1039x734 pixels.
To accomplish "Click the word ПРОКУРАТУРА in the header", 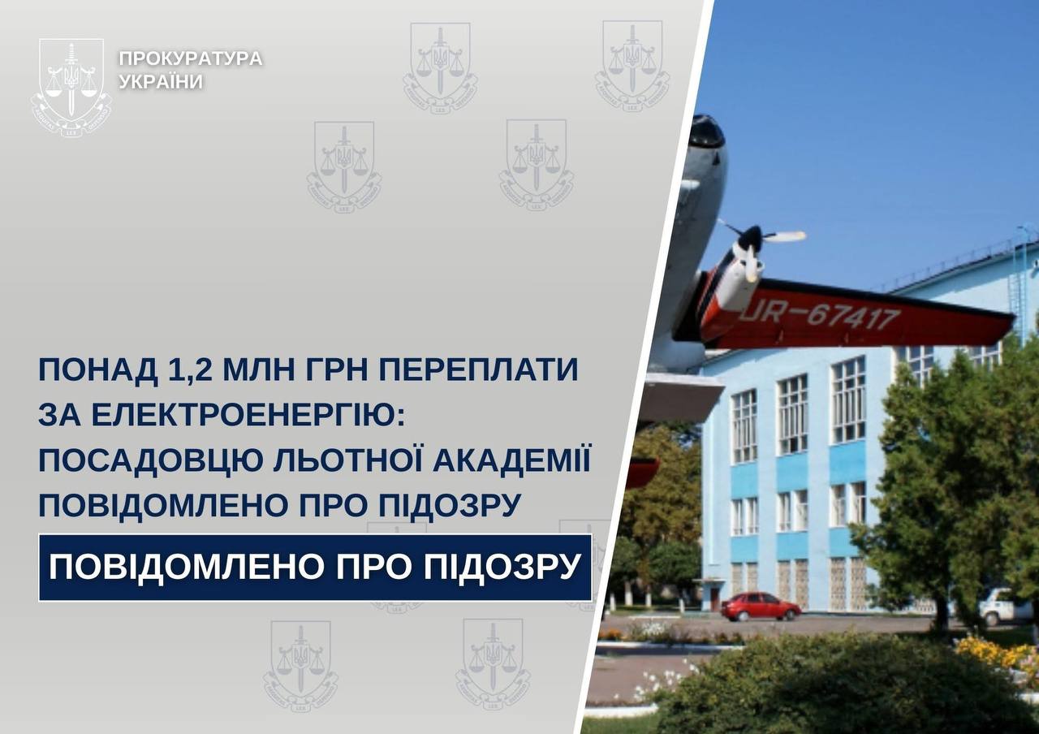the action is [191, 58].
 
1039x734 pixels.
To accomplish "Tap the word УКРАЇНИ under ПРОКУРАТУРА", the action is [162, 82].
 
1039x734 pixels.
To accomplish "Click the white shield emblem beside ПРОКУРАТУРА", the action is [71, 87].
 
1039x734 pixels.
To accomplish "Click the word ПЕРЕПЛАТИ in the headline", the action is [479, 369].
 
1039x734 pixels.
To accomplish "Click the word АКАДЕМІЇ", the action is [512, 459].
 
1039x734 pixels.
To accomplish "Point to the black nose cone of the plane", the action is [706, 132].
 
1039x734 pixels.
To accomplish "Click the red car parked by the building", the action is [761, 607].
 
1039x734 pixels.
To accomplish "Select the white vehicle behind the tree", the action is [1005, 606].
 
